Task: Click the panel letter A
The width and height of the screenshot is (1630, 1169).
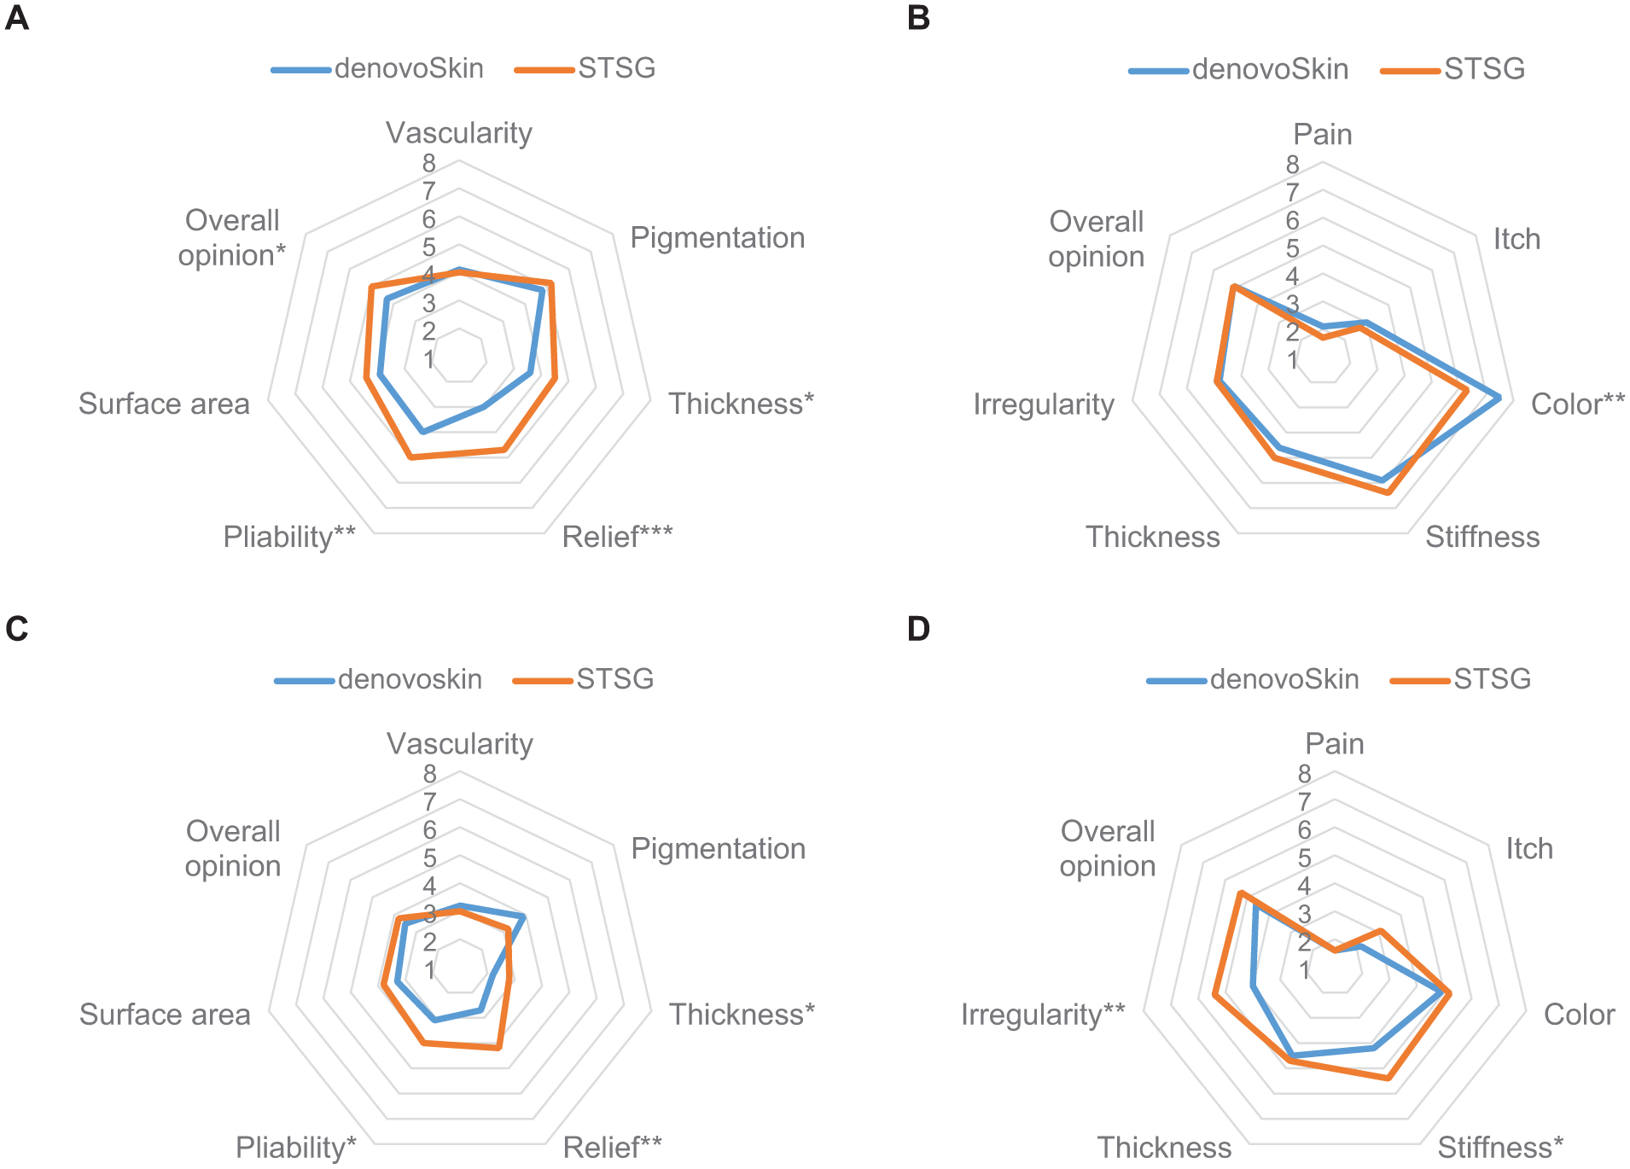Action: pyautogui.click(x=17, y=18)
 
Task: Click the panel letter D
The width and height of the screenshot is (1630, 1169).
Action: pyautogui.click(x=918, y=629)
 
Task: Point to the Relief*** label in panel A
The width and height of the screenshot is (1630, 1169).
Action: pyautogui.click(x=617, y=537)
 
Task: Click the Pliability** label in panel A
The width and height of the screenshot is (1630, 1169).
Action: pyautogui.click(x=289, y=537)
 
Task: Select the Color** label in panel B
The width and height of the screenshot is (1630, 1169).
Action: pyautogui.click(x=1577, y=404)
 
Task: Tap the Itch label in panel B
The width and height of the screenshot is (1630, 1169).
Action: pyautogui.click(x=1516, y=239)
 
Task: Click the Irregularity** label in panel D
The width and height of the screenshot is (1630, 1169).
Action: pyautogui.click(x=1043, y=1015)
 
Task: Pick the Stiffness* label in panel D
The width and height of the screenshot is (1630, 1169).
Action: pyautogui.click(x=1500, y=1148)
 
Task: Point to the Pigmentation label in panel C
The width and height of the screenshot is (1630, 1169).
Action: pyautogui.click(x=718, y=848)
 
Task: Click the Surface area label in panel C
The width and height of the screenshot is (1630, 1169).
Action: pyautogui.click(x=165, y=1015)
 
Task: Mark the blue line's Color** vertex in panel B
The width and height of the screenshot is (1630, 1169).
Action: pyautogui.click(x=1499, y=398)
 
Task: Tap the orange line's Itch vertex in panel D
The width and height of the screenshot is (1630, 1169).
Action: pyautogui.click(x=1381, y=931)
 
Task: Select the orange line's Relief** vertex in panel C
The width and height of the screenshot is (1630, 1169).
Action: pyautogui.click(x=499, y=1048)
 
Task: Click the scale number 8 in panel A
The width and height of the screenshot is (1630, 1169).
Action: pyautogui.click(x=428, y=163)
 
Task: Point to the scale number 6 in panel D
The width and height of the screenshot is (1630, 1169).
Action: pyautogui.click(x=1304, y=830)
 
